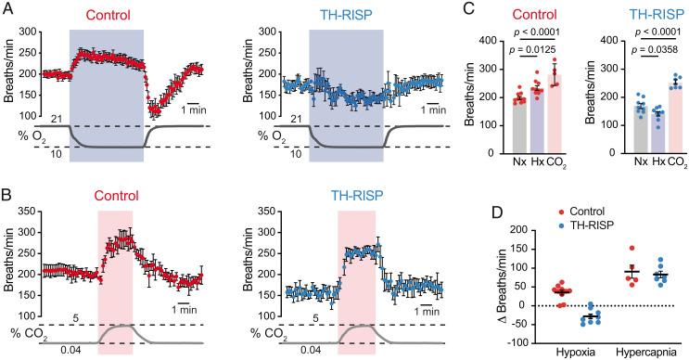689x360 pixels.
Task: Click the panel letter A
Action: point(7,8)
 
